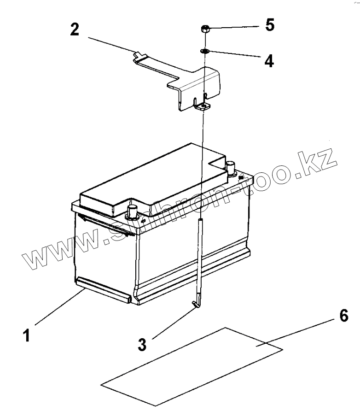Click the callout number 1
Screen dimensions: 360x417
[27, 334]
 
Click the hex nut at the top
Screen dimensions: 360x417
[204, 30]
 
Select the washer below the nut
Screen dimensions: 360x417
[205, 51]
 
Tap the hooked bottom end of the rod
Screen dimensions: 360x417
[196, 304]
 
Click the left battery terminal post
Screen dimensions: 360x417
[133, 212]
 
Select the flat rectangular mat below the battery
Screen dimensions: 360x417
[191, 366]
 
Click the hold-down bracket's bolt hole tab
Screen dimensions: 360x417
[203, 107]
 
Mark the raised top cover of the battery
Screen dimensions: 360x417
[152, 175]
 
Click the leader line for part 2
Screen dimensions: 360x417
[110, 44]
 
